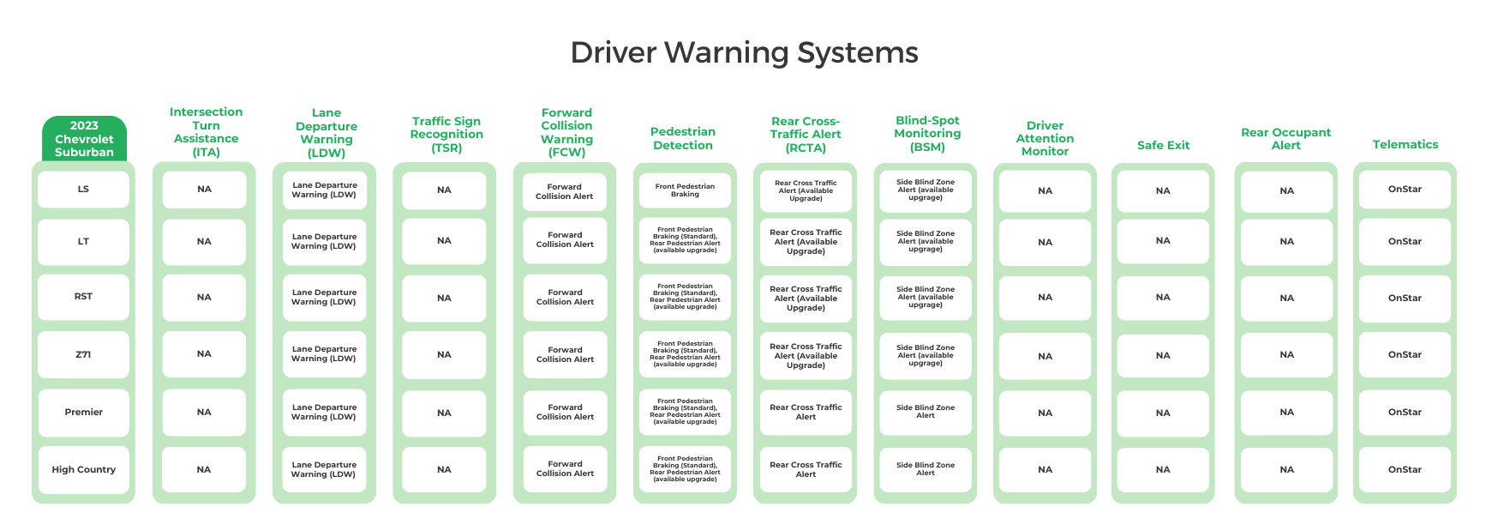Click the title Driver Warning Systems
(x=744, y=52)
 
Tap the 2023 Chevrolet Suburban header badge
(x=84, y=139)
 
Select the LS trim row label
(x=83, y=190)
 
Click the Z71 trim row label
(x=83, y=354)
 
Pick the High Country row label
(x=83, y=469)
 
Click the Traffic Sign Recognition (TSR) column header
(x=446, y=135)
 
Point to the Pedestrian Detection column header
(x=683, y=138)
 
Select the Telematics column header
(x=1405, y=144)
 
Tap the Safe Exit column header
(x=1163, y=145)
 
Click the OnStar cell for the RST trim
(x=1405, y=298)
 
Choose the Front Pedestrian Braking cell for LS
(x=685, y=190)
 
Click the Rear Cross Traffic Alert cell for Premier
(x=806, y=413)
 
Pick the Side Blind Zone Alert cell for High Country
(x=925, y=469)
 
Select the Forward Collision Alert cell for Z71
(x=565, y=354)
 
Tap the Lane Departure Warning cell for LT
(x=324, y=241)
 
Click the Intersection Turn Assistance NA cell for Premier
(x=204, y=413)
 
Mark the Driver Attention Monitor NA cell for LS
(x=1045, y=190)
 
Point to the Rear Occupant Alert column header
(x=1285, y=138)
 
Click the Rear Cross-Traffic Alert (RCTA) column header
(x=805, y=135)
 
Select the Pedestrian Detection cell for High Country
(x=685, y=469)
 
